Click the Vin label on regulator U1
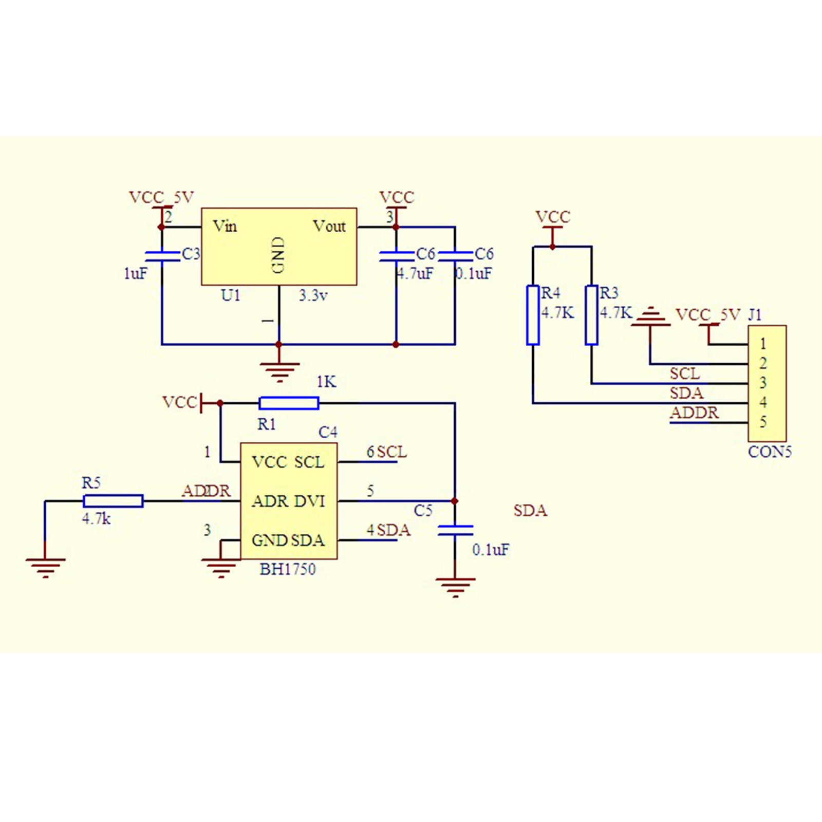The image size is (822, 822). (225, 226)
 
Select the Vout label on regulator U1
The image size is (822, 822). (329, 226)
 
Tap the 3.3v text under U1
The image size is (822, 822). (313, 295)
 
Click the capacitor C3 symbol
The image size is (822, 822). (162, 256)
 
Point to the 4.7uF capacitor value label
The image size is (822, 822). (415, 273)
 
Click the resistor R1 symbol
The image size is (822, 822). (289, 403)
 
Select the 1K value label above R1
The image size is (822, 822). (326, 382)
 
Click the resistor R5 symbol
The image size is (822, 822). (113, 501)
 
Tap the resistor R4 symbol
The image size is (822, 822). (533, 315)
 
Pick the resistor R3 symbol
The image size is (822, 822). (591, 315)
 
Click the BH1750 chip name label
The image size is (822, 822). (288, 569)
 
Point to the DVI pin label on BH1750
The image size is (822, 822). (310, 501)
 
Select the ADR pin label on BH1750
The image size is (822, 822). (270, 501)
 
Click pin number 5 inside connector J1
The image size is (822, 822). (763, 422)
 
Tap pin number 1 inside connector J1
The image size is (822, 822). (763, 343)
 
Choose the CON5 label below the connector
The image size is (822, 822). (770, 452)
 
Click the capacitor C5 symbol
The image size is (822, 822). (455, 530)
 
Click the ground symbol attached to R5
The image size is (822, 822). (46, 567)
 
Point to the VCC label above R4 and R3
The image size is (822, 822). (553, 217)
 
